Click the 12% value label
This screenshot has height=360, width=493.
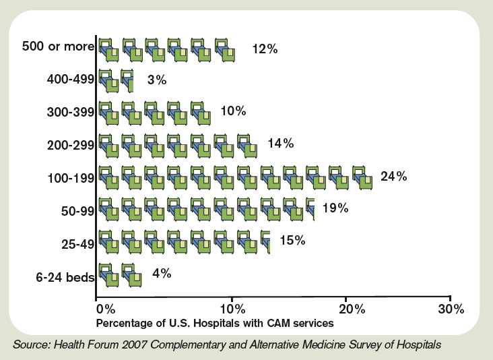click(x=264, y=49)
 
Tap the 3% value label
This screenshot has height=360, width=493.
click(x=156, y=80)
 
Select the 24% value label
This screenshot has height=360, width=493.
click(x=393, y=177)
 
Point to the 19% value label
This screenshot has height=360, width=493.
click(x=335, y=208)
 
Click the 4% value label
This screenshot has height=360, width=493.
click(x=162, y=274)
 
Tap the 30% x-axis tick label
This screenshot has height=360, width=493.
click(x=450, y=309)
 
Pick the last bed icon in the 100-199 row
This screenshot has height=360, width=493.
click(x=363, y=177)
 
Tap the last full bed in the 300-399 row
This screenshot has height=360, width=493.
click(x=200, y=113)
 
